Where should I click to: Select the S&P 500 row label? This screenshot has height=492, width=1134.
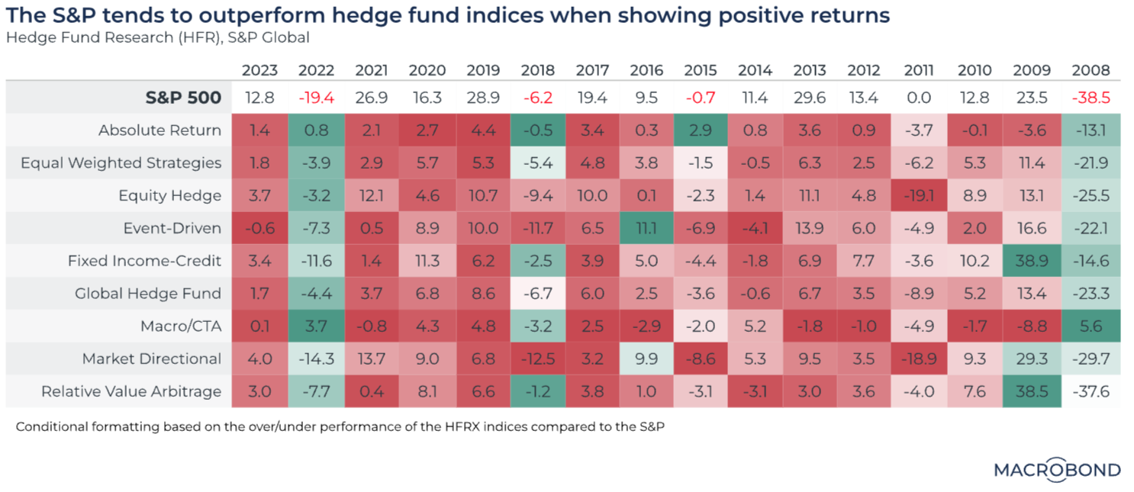pos(184,98)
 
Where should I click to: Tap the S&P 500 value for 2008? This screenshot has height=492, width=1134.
pos(1091,98)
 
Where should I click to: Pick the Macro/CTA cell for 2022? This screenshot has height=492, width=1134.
pos(316,326)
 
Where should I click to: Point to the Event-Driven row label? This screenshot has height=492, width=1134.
pos(172,228)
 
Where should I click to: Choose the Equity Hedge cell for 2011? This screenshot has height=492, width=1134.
pos(919,195)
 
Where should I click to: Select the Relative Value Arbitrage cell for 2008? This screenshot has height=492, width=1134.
pos(1091,391)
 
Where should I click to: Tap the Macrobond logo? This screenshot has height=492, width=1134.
pos(1057,470)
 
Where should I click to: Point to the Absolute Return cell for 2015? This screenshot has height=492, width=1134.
pos(700,130)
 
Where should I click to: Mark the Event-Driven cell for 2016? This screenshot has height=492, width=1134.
pos(646,228)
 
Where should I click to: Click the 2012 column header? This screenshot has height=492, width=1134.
pos(864,70)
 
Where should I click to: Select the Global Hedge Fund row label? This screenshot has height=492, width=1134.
pos(148,294)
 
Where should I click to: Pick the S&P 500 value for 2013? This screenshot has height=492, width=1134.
pos(809,98)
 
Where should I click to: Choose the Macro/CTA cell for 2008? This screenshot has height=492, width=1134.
pos(1091,326)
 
